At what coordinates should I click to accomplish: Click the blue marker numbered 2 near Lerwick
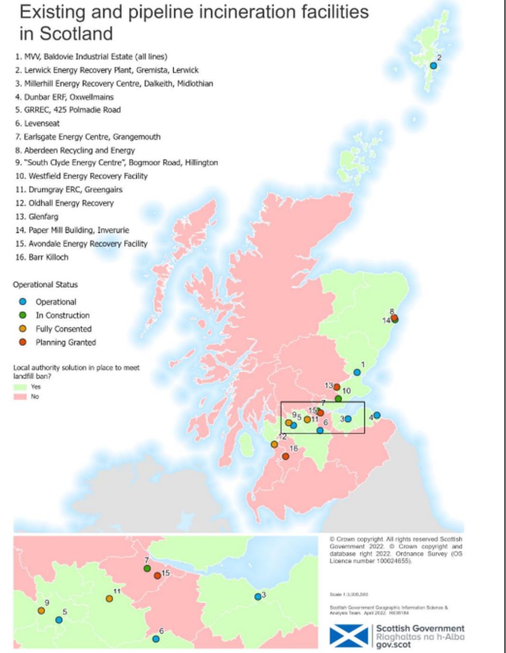[x=433, y=66]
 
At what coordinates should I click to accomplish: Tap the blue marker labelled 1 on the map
[x=357, y=372]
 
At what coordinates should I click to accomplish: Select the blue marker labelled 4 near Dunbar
[x=377, y=415]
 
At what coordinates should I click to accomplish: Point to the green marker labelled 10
[x=338, y=399]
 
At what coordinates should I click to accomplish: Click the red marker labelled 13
[x=336, y=387]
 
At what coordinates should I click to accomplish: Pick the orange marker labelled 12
[x=274, y=444]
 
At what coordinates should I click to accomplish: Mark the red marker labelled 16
[x=285, y=456]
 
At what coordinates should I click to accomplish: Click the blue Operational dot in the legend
[x=22, y=302]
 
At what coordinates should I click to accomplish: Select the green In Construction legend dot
[x=22, y=315]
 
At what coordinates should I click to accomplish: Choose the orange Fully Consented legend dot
[x=22, y=329]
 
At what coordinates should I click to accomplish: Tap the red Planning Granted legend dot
[x=22, y=342]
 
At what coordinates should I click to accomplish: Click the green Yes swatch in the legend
[x=20, y=387]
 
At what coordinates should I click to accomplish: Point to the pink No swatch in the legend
[x=20, y=397]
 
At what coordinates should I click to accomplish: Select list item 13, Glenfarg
[x=36, y=217]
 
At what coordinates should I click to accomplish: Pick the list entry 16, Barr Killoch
[x=41, y=257]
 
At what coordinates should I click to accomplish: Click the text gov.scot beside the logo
[x=392, y=645]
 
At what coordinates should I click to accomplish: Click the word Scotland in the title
[x=66, y=34]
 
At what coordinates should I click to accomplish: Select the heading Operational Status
[x=45, y=285]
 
